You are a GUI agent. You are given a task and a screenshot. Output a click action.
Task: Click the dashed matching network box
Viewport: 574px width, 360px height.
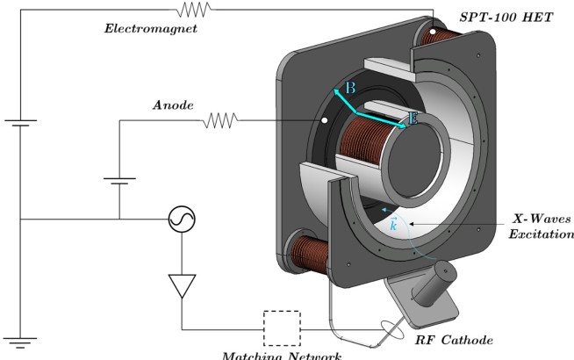pos(282,328)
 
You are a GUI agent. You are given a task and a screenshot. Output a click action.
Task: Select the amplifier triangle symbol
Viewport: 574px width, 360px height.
pos(182,284)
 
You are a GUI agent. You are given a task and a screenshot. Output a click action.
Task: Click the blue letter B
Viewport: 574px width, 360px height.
pos(349,89)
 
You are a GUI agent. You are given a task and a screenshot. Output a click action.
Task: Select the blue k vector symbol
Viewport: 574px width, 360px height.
pos(393,225)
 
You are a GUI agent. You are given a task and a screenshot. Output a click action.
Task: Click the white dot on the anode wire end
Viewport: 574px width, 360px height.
pos(324,119)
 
